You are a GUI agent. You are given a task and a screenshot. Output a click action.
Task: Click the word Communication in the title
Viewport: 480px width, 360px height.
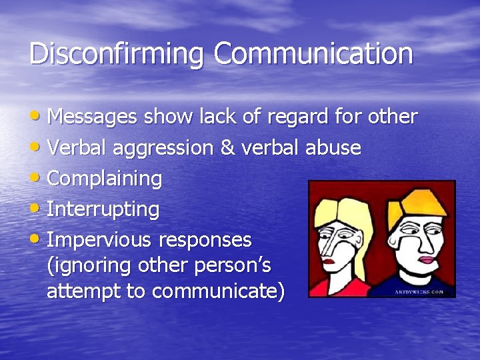tap(313, 53)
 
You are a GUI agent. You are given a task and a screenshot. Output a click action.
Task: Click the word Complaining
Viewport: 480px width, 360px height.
tap(105, 179)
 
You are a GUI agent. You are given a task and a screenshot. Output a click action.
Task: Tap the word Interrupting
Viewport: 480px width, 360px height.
tap(103, 210)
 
